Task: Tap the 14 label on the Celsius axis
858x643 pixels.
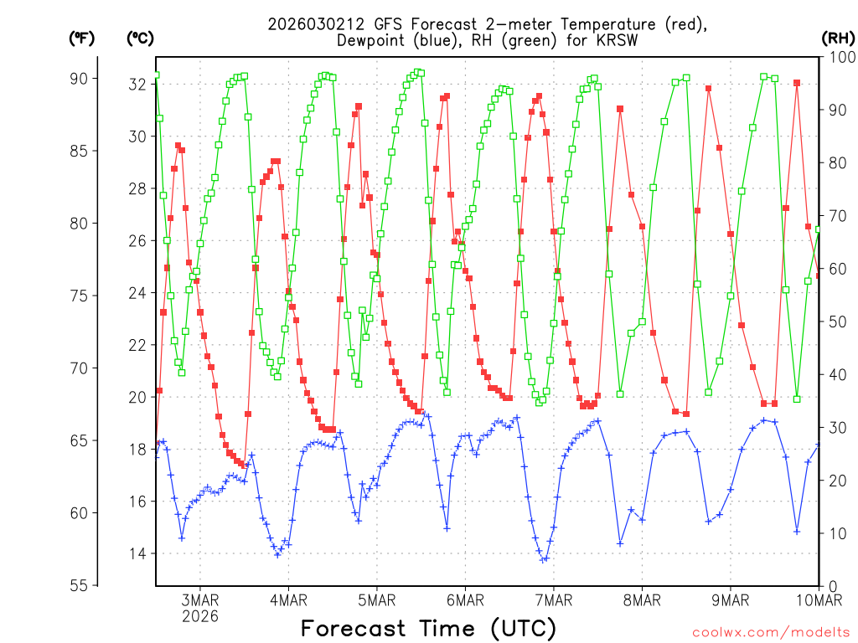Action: point(137,553)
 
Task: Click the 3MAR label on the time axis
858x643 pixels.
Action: point(200,600)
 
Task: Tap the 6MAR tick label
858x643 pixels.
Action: point(465,600)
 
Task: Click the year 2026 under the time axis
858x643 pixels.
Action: point(200,617)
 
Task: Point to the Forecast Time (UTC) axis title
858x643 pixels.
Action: point(428,628)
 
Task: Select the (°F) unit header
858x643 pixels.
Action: point(81,38)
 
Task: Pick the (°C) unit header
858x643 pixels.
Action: point(140,38)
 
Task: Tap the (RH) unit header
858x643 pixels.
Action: point(838,38)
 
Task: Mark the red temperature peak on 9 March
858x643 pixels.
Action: point(708,88)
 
